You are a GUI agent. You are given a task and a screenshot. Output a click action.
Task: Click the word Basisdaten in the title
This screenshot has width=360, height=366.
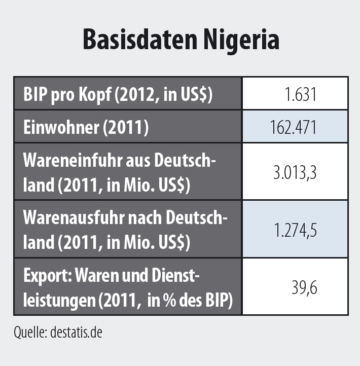point(135,40)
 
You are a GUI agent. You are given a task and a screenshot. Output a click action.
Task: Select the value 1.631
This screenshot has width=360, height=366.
point(301,94)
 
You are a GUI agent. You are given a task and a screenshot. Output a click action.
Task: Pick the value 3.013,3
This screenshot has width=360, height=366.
point(295,172)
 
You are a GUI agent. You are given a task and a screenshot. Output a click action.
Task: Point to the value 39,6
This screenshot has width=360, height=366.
point(304,287)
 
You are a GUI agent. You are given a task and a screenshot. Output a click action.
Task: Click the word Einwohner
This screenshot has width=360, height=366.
point(61,128)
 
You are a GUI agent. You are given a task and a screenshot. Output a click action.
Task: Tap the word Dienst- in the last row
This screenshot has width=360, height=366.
point(174,276)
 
